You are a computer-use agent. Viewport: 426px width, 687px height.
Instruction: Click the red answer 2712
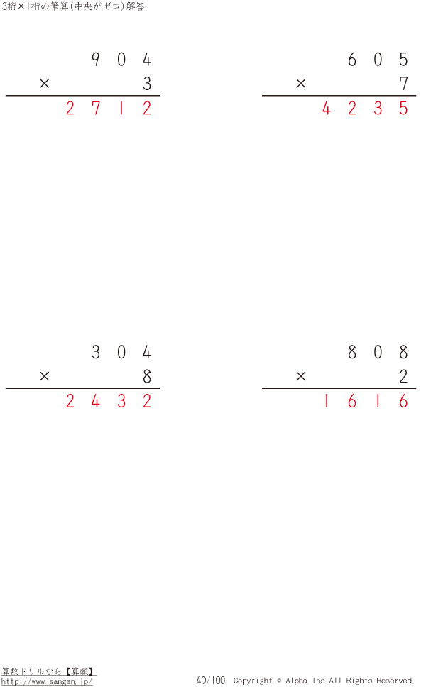click(109, 108)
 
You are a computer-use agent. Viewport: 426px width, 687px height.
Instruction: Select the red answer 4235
click(365, 108)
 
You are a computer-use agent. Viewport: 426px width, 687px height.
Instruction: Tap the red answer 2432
click(109, 401)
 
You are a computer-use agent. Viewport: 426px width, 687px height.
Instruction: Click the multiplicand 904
click(121, 59)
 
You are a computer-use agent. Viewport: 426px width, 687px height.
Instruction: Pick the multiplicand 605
click(378, 59)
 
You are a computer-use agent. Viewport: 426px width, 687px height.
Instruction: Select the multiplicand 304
click(121, 352)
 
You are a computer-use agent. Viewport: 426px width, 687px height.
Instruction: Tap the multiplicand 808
click(378, 352)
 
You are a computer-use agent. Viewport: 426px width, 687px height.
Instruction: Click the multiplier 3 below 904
click(147, 83)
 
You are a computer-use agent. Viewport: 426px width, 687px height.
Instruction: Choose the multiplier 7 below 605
click(404, 83)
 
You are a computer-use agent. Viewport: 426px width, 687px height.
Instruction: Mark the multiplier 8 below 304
click(147, 376)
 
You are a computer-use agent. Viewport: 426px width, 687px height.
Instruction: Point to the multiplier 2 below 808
click(404, 376)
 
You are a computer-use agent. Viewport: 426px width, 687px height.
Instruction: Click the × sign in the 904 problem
click(44, 83)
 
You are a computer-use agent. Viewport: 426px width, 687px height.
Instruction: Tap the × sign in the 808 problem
click(300, 376)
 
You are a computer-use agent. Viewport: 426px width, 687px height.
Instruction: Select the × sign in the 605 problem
click(300, 83)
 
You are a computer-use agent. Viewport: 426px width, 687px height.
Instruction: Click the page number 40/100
click(210, 681)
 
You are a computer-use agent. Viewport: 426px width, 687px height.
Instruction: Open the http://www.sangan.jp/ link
click(47, 682)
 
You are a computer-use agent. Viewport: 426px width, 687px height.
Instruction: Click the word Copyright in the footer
click(253, 681)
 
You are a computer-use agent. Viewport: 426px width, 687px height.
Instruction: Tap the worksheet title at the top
click(73, 6)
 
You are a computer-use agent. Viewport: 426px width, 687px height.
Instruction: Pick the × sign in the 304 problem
click(44, 376)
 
